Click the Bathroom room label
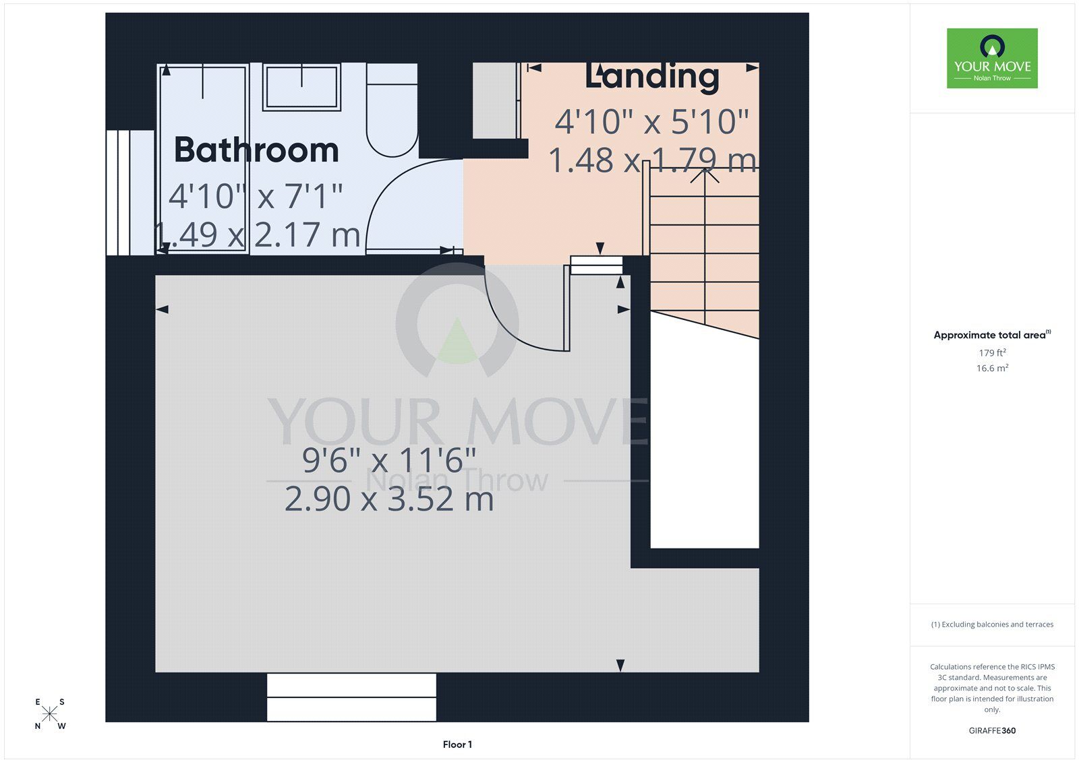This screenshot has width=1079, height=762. point(256,150)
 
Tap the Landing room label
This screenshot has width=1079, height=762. point(652,77)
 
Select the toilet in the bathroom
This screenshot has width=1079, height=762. point(392,110)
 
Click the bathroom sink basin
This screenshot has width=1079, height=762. point(301,87)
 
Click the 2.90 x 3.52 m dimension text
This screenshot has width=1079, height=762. point(389,499)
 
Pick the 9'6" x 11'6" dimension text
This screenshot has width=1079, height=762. point(389,460)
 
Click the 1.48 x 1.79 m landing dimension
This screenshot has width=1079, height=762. point(652,160)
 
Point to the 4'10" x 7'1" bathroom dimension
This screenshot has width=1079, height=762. point(256,196)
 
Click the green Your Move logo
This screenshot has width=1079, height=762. point(992,58)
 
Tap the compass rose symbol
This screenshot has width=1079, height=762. point(50,713)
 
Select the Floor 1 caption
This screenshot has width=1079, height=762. point(457,744)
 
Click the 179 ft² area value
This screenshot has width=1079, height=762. point(992,352)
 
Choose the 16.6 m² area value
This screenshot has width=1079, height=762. point(992,368)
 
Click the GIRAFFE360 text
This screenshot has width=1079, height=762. point(992,730)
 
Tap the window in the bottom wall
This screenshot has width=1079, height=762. point(351,697)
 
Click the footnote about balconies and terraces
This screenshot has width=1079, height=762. point(992,625)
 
